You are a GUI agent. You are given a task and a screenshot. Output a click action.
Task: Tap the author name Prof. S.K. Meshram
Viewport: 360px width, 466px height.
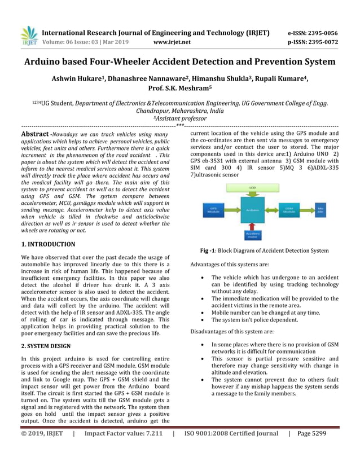pyautogui.click(x=179, y=89)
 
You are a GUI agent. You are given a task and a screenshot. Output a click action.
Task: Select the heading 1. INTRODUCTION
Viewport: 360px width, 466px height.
pyautogui.click(x=48, y=244)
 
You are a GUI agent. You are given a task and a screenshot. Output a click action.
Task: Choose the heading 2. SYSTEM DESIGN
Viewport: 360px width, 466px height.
pyautogui.click(x=46, y=345)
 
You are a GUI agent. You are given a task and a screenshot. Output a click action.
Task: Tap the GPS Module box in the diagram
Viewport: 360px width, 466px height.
pyautogui.click(x=214, y=209)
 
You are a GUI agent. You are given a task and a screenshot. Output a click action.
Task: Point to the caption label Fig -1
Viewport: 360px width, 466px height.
pyautogui.click(x=210, y=250)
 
